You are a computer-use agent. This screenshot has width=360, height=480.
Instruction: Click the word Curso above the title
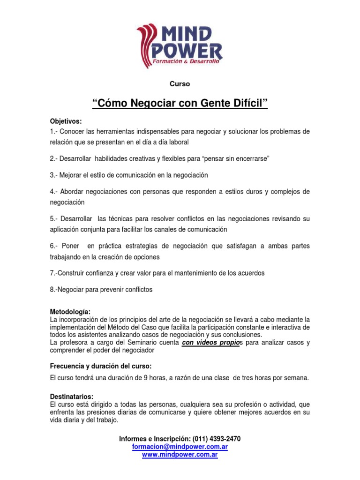point(180,84)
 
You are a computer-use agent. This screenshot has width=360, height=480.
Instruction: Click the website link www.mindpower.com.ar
point(180,455)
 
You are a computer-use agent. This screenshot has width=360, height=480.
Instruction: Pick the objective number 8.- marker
point(55,290)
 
